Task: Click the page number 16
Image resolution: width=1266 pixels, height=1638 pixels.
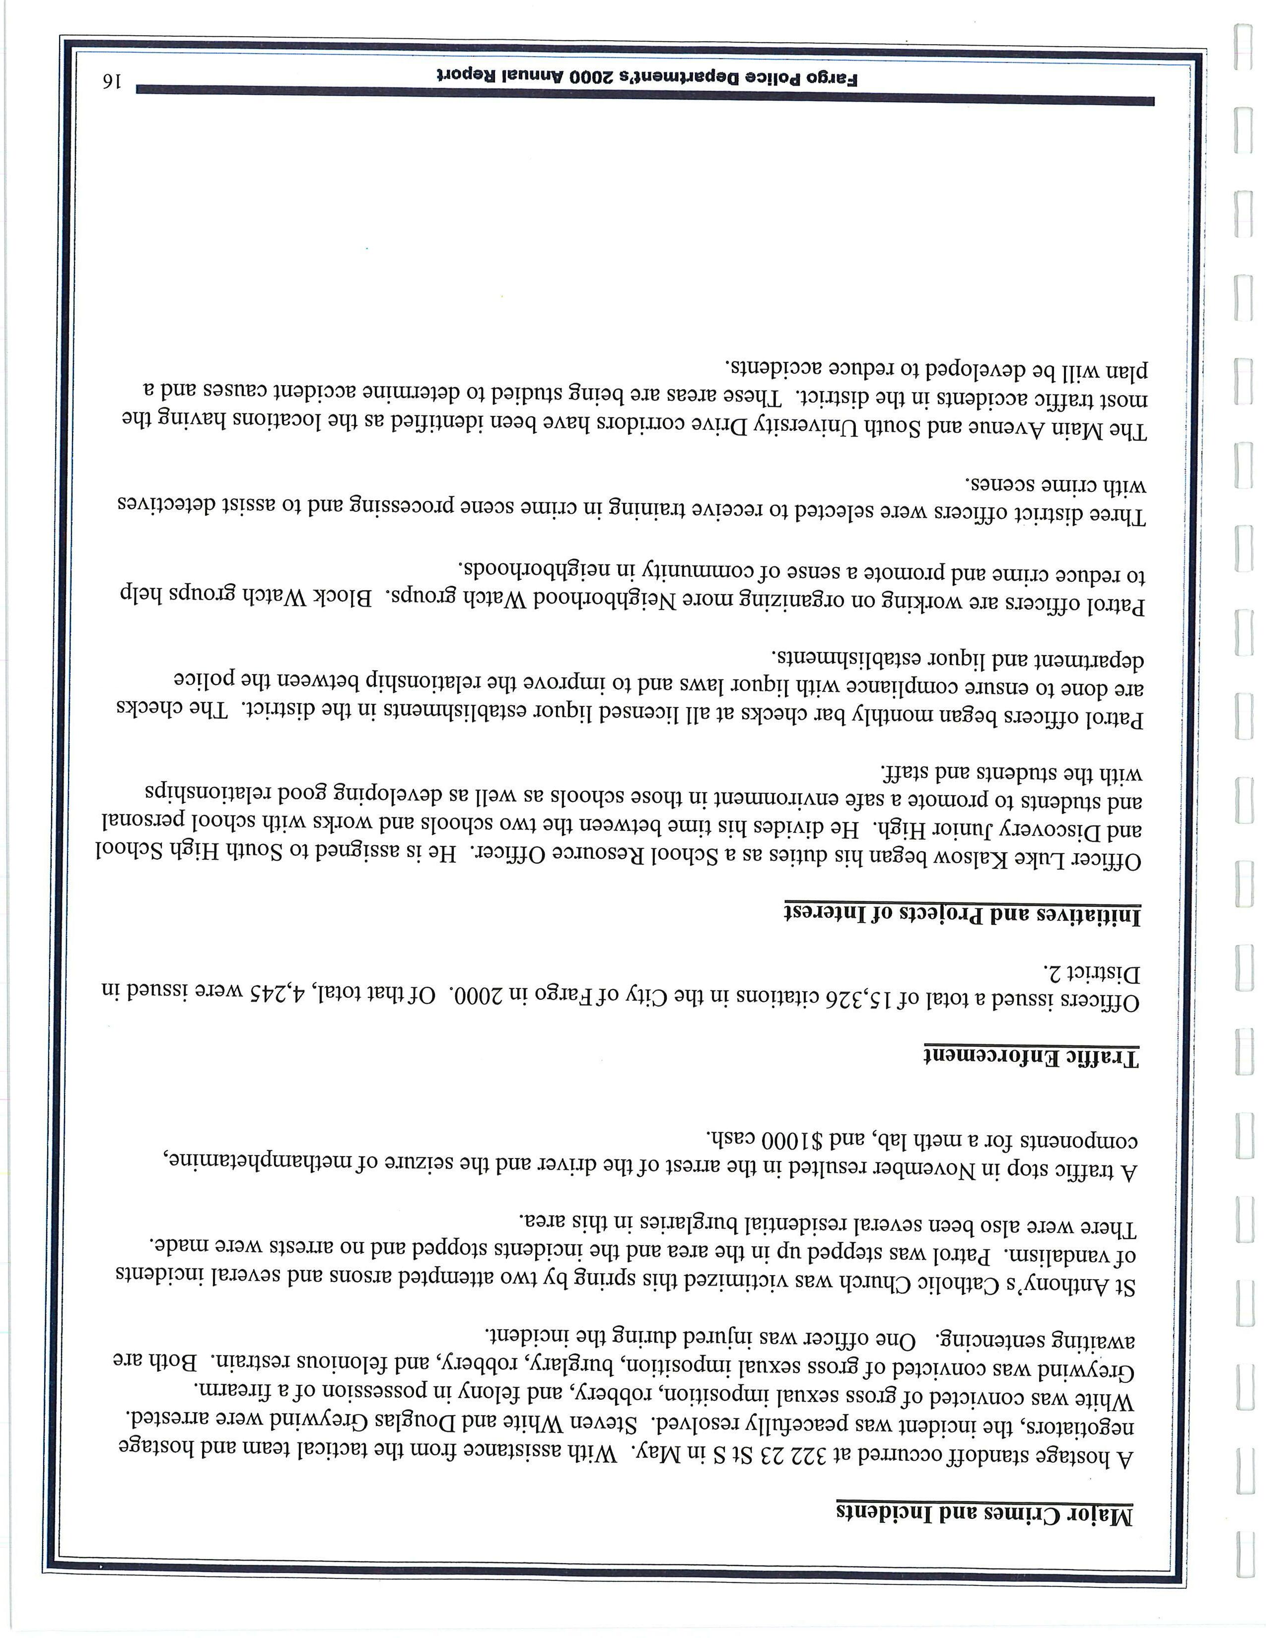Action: click(112, 81)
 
